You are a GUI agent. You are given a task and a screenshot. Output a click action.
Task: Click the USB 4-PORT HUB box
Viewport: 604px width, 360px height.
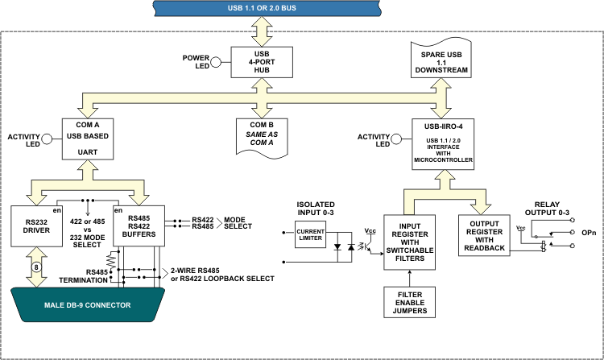[262, 62]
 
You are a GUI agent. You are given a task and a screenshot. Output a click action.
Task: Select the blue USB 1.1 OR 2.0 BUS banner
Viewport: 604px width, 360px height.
[267, 8]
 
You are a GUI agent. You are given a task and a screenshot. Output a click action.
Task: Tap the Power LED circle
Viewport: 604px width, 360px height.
[216, 62]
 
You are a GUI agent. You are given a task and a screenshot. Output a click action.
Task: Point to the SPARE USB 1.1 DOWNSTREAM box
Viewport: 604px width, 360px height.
[441, 59]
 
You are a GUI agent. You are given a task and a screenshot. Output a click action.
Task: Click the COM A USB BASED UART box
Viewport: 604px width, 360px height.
[88, 139]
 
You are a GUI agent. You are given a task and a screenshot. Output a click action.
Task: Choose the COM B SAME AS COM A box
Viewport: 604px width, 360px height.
[262, 138]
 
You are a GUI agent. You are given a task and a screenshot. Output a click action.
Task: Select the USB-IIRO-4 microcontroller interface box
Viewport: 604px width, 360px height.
[443, 144]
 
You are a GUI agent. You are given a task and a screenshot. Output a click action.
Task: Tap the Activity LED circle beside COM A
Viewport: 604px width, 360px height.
[47, 139]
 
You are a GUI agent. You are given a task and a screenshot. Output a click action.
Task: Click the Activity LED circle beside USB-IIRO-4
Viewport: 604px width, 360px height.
[396, 139]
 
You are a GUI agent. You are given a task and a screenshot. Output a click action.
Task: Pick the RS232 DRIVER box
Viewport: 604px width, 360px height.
[36, 226]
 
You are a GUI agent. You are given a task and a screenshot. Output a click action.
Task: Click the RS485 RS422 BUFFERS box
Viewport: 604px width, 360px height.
[139, 226]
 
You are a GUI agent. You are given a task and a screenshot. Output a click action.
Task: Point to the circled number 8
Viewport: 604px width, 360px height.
[36, 267]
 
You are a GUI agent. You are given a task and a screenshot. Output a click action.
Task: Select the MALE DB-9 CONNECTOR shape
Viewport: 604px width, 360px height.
[88, 304]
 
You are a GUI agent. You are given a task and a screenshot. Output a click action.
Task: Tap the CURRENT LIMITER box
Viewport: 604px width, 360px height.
[311, 234]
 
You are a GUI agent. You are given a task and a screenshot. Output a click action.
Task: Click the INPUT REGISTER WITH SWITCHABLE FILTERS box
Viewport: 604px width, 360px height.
[409, 242]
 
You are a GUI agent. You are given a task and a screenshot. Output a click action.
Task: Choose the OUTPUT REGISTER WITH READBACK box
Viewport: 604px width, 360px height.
[484, 236]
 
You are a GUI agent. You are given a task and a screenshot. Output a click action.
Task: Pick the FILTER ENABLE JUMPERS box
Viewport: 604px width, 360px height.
[409, 302]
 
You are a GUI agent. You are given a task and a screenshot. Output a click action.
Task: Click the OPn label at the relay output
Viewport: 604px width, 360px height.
[589, 233]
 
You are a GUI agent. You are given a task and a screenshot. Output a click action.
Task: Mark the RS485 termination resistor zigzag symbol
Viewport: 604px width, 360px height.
[111, 260]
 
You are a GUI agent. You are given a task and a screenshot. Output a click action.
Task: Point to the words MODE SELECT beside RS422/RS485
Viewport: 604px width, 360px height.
[238, 223]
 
